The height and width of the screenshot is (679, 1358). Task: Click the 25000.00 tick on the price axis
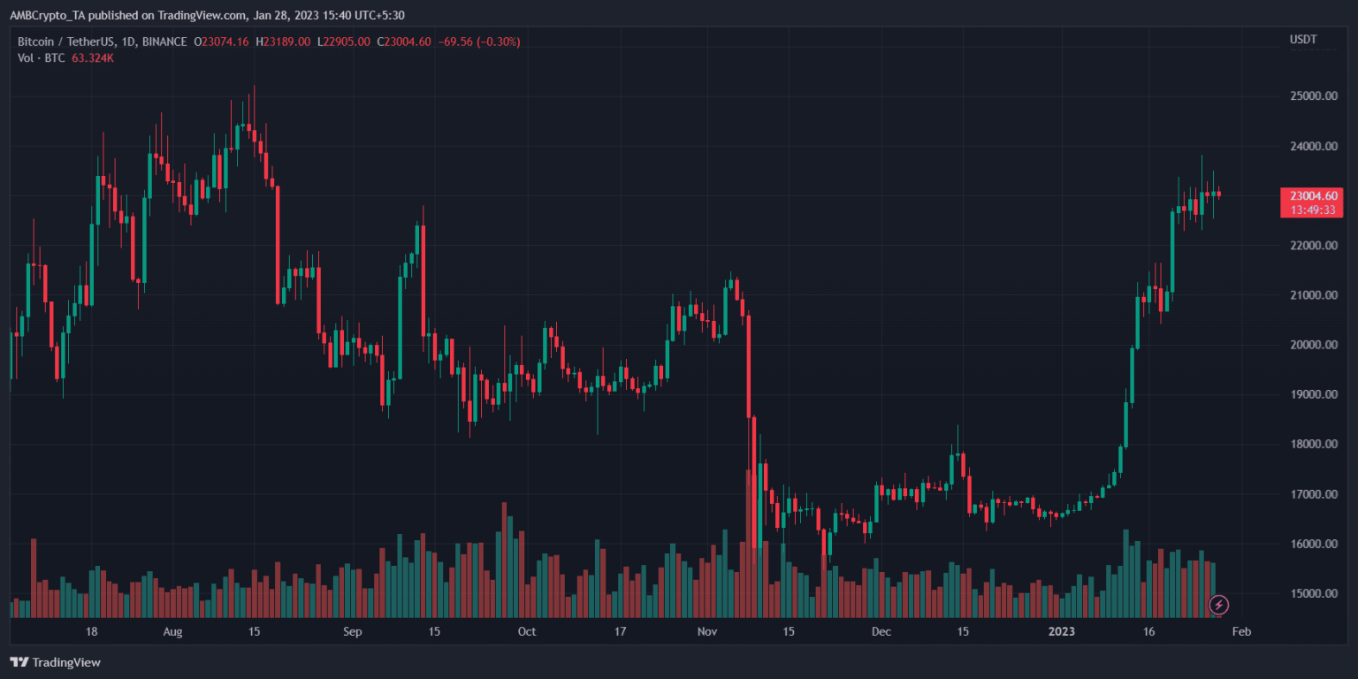tap(1312, 95)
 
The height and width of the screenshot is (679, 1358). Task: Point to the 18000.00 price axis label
tap(1312, 444)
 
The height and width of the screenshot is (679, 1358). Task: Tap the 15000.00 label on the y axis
tap(1312, 593)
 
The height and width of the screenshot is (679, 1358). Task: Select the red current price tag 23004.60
tap(1312, 195)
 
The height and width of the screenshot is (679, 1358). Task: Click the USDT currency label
tap(1303, 40)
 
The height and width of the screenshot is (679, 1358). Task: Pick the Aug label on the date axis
tap(172, 632)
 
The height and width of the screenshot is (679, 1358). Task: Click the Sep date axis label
tap(352, 632)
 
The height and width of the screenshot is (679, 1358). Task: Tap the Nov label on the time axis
tap(707, 632)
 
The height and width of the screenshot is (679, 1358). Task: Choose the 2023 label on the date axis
tap(1061, 632)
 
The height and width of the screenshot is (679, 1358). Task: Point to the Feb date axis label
tap(1241, 632)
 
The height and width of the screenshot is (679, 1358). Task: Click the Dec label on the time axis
tap(881, 632)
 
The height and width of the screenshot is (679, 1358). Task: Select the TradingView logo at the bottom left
tap(55, 662)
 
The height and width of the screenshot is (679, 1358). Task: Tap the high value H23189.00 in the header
tap(282, 42)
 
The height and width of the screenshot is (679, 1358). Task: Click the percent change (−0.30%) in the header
tap(497, 42)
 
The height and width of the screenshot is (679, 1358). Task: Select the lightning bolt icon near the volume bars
tap(1218, 605)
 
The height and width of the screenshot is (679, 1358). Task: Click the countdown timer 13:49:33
tap(1312, 210)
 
